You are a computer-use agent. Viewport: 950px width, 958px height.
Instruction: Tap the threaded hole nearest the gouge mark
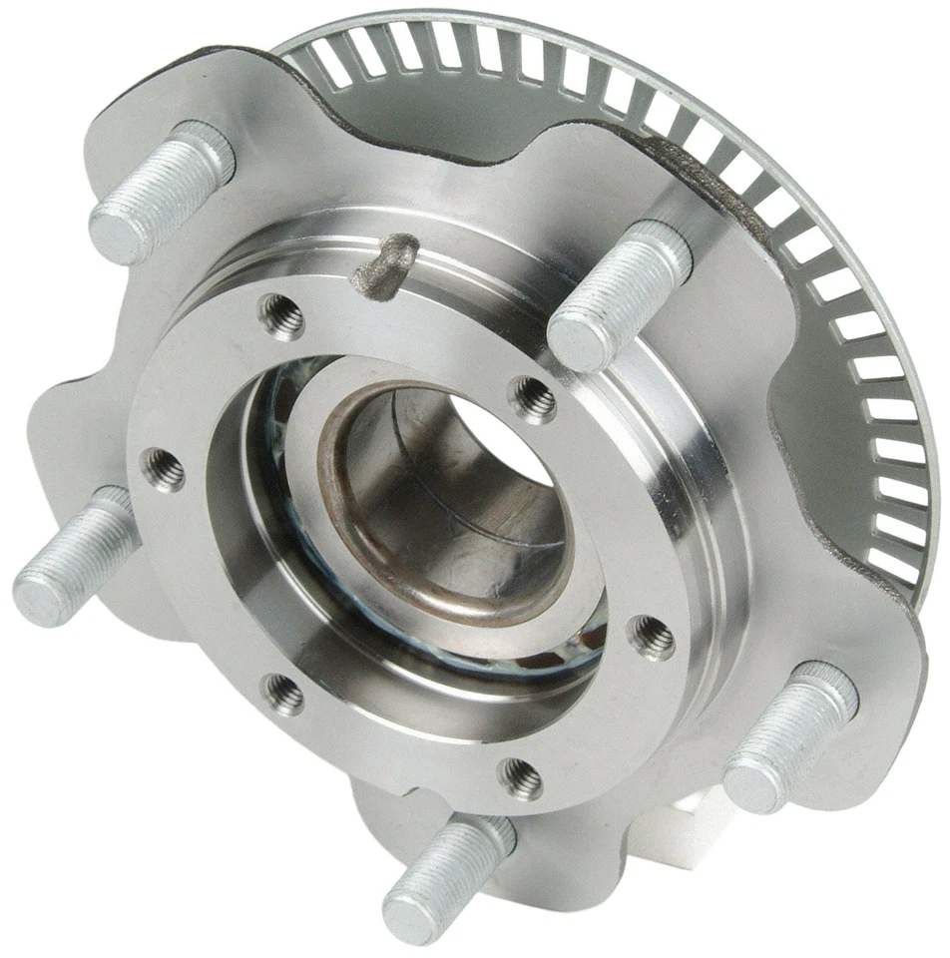[x=282, y=317]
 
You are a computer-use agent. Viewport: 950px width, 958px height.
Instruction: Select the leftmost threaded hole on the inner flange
[x=163, y=469]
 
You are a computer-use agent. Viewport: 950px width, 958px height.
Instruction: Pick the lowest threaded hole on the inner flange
[x=522, y=776]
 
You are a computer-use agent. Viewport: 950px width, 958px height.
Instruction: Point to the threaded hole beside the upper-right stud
[x=534, y=400]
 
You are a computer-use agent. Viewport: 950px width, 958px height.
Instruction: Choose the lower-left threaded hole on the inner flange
[x=284, y=694]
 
